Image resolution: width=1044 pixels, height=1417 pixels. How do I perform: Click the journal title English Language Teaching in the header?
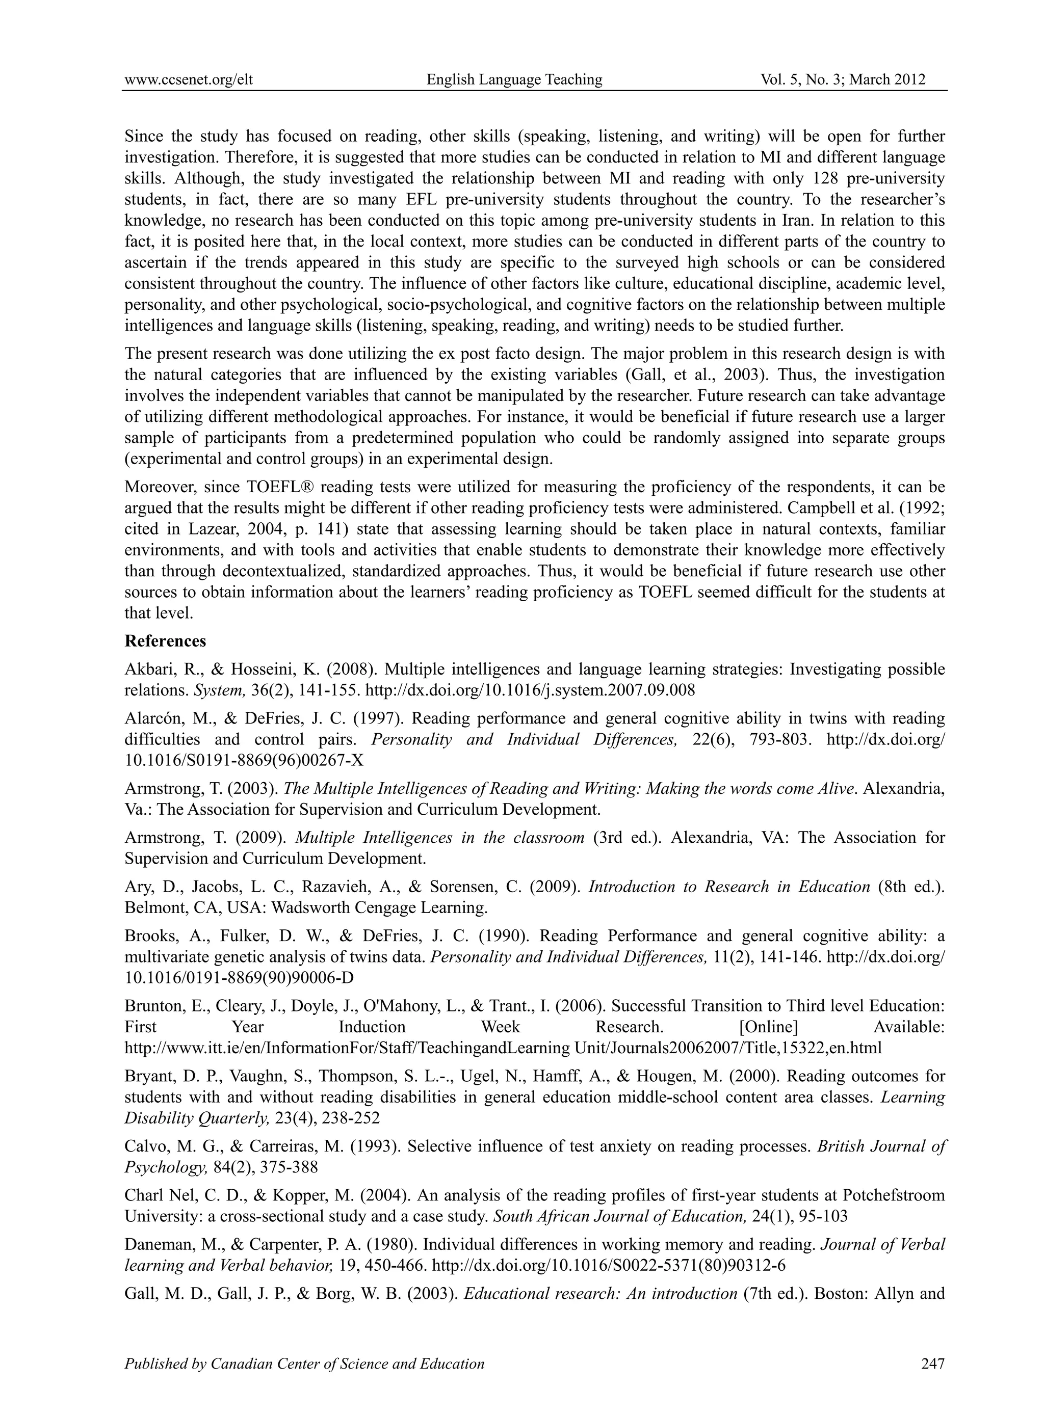click(514, 79)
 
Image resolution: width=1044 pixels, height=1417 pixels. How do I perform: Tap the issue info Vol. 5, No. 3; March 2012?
click(843, 79)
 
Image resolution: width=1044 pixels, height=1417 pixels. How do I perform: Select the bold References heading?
click(166, 641)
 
